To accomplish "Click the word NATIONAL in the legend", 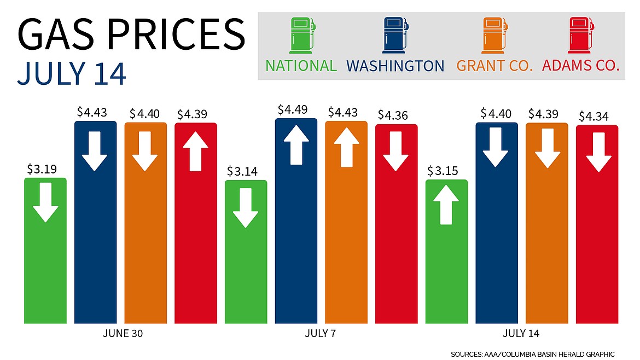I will click(x=301, y=66).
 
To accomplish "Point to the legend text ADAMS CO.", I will click(x=580, y=66).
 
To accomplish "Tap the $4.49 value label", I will click(x=296, y=109).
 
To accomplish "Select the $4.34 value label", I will click(x=597, y=117).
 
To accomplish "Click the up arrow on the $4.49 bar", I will click(x=296, y=144).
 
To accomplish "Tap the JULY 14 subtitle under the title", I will click(x=72, y=74).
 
